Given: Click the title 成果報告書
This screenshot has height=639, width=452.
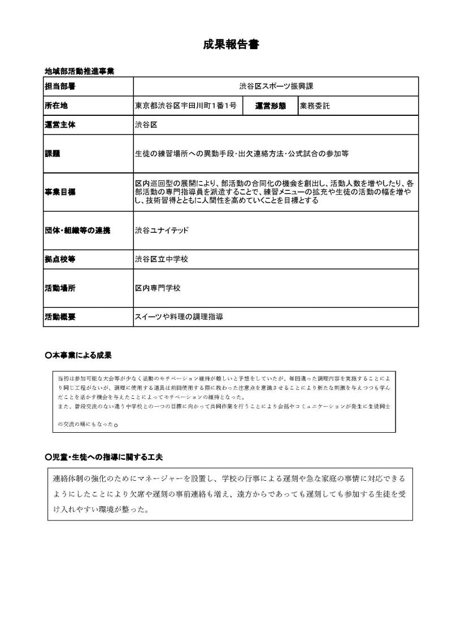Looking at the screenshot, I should tap(231, 45).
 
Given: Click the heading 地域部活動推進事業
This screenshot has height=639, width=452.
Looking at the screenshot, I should tap(80, 71).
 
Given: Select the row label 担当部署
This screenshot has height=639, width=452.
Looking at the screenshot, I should tap(60, 87).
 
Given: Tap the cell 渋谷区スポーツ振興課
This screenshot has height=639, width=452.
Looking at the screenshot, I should tap(276, 87).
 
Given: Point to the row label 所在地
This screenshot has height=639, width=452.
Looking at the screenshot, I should tap(56, 106).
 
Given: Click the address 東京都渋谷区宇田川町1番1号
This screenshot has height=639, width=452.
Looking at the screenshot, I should tap(186, 106).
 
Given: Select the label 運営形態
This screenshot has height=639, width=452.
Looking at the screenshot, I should tap(271, 106).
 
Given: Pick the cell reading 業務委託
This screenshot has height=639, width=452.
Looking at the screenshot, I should tap(315, 106).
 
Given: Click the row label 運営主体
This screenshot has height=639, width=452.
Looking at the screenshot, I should tap(60, 125).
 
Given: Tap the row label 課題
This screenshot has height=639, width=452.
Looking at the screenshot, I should tap(53, 153).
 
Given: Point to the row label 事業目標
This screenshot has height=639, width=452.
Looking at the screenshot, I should tap(60, 192).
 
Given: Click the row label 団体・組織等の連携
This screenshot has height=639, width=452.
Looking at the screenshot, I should tap(77, 231).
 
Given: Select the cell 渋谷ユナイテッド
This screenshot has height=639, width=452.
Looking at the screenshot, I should tap(162, 231).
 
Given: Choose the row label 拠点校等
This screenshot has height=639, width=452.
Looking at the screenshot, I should tap(60, 259).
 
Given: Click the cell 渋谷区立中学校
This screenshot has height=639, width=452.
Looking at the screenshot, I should tap(162, 259).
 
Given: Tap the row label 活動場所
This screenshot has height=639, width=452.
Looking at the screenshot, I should tap(60, 288).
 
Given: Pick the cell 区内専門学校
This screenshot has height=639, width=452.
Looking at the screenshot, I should tap(158, 288).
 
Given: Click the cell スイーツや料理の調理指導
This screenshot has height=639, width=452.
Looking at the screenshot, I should tap(179, 317).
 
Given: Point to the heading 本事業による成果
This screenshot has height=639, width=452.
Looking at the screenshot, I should tap(79, 355).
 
